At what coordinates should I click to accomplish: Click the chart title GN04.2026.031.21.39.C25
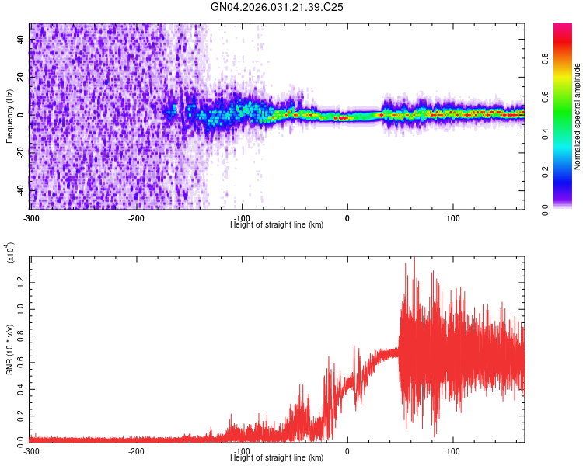(x=277, y=7)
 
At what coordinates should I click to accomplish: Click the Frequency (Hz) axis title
(x=9, y=116)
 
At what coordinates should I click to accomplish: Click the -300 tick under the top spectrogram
(x=30, y=217)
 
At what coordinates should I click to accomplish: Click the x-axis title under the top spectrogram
(x=277, y=224)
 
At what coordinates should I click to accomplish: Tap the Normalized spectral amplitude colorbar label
(x=577, y=116)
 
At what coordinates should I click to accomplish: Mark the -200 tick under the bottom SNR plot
(x=136, y=450)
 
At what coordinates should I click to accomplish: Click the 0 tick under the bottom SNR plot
(x=347, y=450)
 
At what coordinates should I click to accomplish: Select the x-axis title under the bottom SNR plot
(x=277, y=457)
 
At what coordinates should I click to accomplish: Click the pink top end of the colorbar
(x=563, y=27)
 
